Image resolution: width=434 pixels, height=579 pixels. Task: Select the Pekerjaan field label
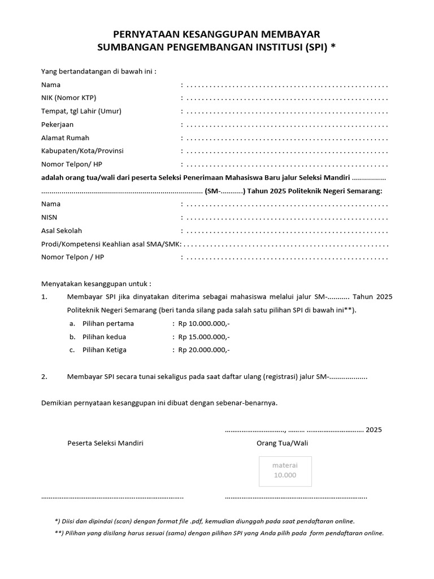point(57,124)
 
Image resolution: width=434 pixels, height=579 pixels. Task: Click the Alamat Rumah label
point(65,138)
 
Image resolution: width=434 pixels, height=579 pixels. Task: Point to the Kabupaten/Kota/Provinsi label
point(82,151)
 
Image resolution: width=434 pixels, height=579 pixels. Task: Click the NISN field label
point(49,217)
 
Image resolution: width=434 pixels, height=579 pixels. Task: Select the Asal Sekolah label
point(61,231)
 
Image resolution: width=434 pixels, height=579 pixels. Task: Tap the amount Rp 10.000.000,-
point(204,324)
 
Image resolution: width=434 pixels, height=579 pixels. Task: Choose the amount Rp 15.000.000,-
point(204,337)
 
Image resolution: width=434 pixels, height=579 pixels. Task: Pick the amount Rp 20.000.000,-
point(204,350)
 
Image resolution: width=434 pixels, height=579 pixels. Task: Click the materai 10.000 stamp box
point(285,470)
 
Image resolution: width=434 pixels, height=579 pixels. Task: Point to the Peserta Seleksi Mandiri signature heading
point(105,443)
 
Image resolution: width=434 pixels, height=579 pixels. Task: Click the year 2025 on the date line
point(374,430)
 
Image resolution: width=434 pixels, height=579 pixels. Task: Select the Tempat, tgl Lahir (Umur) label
point(81,111)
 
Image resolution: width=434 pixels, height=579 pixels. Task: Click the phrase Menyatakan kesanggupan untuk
point(96,284)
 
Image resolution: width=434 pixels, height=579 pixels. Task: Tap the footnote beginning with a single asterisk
point(205,521)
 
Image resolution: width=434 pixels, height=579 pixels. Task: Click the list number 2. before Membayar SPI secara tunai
point(45,377)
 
